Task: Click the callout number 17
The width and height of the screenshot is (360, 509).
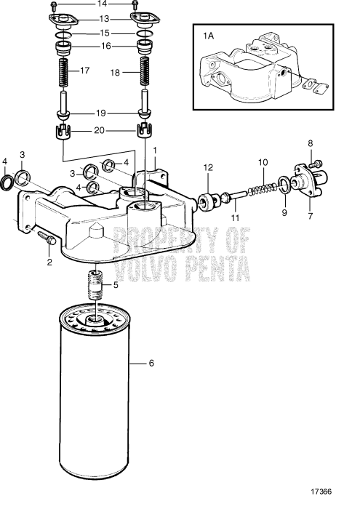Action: click(85, 71)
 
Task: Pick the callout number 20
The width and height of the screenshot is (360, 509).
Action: click(102, 131)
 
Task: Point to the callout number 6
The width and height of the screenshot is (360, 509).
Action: click(151, 361)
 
